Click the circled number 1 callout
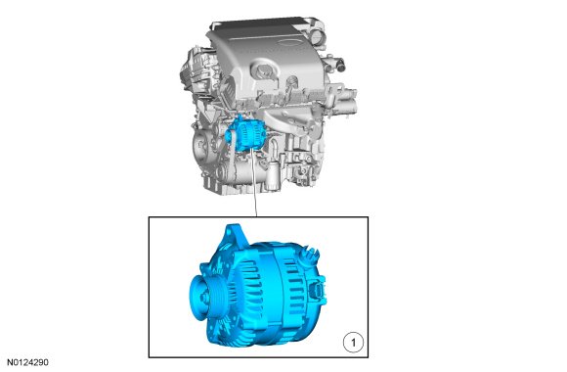[x=353, y=343]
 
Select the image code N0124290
[x=27, y=362]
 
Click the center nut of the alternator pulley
[x=203, y=298]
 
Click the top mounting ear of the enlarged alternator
[x=235, y=234]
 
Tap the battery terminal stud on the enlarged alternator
[x=310, y=253]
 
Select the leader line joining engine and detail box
[x=254, y=184]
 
